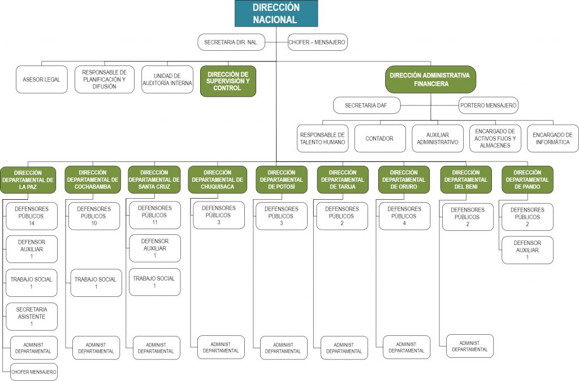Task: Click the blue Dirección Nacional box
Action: tap(276, 14)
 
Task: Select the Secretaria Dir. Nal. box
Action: tap(231, 42)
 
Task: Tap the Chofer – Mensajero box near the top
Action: tap(317, 42)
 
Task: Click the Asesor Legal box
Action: tap(42, 79)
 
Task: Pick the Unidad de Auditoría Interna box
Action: tap(167, 79)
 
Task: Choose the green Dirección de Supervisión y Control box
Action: tap(228, 81)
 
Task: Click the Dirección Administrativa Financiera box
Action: tap(430, 79)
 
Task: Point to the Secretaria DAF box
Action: tap(366, 106)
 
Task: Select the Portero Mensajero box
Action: tap(488, 106)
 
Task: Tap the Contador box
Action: tap(379, 138)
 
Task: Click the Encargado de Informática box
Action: tap(553, 138)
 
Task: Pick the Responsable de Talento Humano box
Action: tap(322, 138)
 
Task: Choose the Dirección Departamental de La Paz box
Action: tap(28, 180)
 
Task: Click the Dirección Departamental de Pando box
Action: tap(528, 179)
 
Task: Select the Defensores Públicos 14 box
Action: tap(32, 216)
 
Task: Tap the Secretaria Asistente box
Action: tap(32, 317)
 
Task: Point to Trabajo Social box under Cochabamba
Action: tap(96, 283)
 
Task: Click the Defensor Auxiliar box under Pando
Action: tap(528, 250)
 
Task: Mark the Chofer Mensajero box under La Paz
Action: tap(33, 372)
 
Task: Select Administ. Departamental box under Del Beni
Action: tap(470, 346)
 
